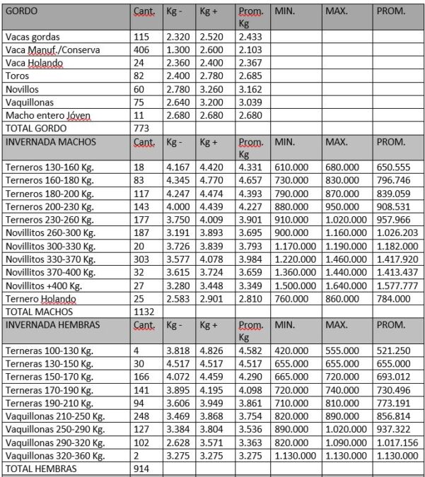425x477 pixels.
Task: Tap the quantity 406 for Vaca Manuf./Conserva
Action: click(141, 50)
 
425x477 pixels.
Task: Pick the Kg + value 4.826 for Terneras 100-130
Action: click(213, 350)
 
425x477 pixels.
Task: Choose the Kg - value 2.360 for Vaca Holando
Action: click(177, 63)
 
